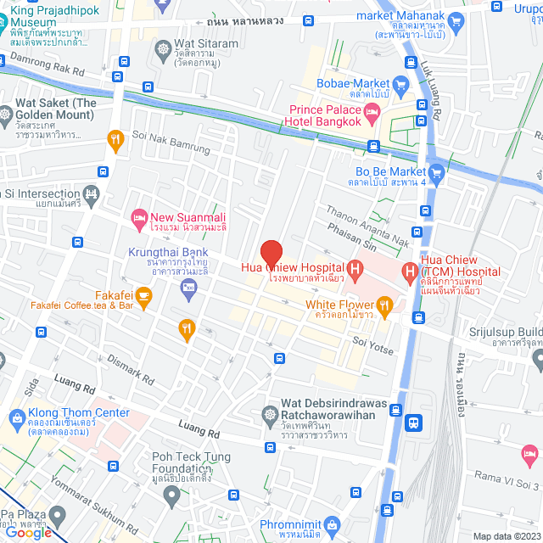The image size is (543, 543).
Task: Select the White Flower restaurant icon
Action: [384, 305]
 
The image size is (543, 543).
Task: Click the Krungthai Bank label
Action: [168, 253]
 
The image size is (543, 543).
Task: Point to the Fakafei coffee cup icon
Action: [143, 295]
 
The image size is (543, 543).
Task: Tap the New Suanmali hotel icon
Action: [139, 219]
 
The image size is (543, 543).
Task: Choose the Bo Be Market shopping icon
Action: [437, 174]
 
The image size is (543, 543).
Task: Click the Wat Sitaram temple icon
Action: [163, 46]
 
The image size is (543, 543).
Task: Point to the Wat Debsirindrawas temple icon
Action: [271, 416]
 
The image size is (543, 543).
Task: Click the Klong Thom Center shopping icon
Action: [16, 417]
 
